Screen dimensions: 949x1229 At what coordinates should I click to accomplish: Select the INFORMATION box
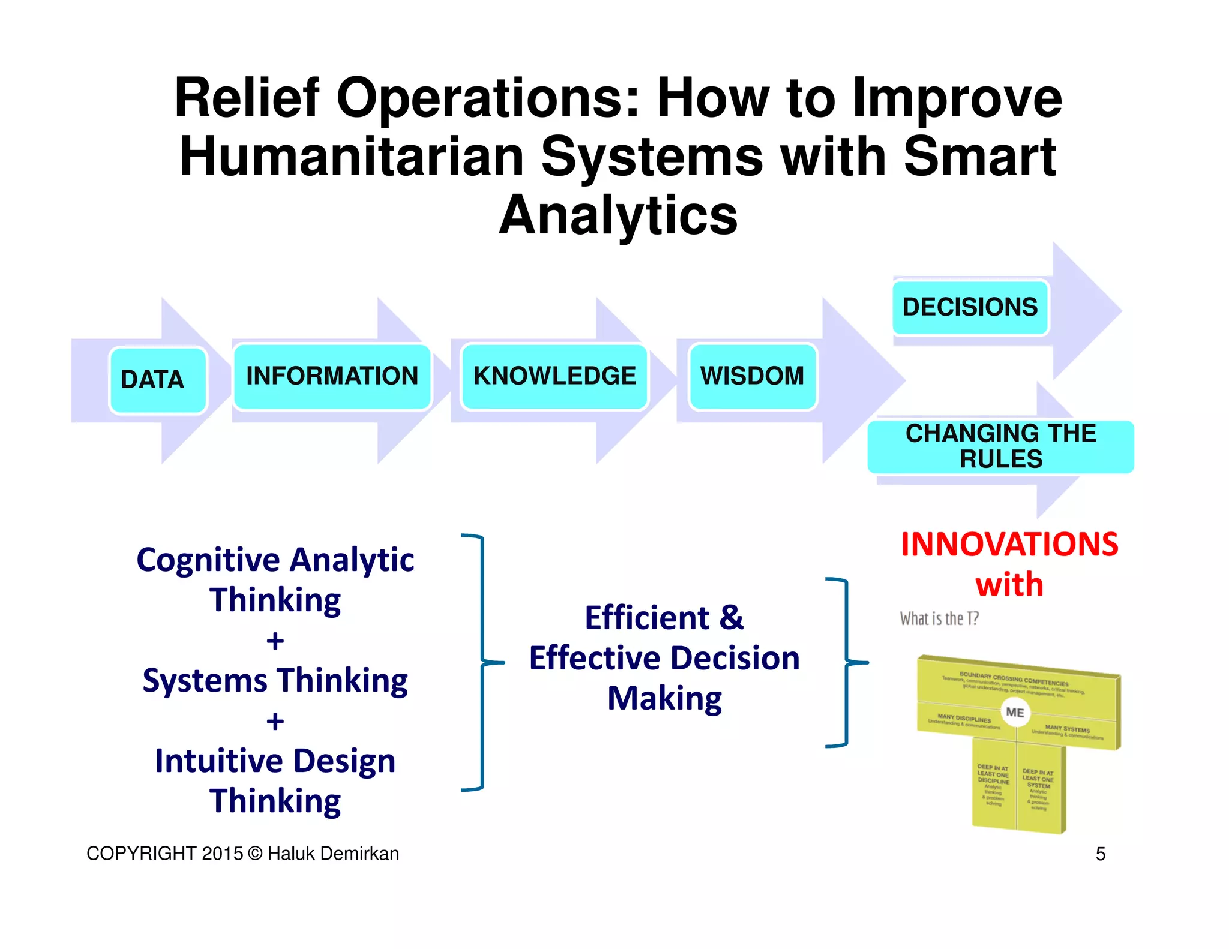[332, 376]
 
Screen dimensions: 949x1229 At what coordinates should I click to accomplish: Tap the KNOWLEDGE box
[554, 376]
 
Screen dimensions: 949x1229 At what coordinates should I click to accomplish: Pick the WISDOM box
[753, 376]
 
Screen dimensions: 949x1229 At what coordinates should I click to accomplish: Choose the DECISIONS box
[970, 307]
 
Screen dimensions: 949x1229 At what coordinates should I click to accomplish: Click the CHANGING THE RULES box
[1000, 446]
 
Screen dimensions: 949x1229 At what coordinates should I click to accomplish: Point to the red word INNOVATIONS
[1009, 545]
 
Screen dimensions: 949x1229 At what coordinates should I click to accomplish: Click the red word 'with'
[1009, 584]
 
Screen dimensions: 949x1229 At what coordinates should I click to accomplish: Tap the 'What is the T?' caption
[939, 618]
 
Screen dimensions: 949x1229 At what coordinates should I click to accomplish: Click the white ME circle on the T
[1015, 712]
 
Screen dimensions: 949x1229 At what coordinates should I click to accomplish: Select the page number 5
[1100, 854]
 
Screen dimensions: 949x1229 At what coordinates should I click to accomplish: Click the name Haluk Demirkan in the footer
[333, 854]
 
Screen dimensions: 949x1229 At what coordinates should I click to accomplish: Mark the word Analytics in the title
[618, 215]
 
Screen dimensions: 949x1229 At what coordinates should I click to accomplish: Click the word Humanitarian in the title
[352, 157]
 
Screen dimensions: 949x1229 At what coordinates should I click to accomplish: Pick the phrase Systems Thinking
[275, 680]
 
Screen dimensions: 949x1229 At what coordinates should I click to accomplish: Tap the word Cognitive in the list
[208, 560]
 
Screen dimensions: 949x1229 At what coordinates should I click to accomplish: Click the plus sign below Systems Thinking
[275, 721]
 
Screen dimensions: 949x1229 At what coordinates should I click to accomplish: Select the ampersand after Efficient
[731, 618]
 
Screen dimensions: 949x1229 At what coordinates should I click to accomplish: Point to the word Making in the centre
[664, 699]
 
